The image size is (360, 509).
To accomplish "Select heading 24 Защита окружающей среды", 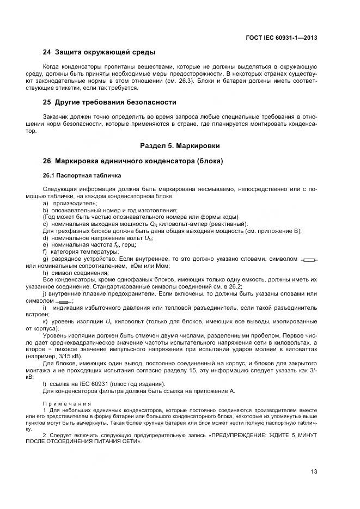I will click(x=99, y=52).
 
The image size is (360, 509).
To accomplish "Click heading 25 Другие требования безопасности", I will click(x=109, y=102).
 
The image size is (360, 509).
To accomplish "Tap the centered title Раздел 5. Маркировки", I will click(x=180, y=146).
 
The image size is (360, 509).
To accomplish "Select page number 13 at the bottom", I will click(x=314, y=471).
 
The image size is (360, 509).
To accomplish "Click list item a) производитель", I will click(x=70, y=203).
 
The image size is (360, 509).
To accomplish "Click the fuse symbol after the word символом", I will click(x=64, y=301).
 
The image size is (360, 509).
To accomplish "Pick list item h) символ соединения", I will click(x=76, y=273).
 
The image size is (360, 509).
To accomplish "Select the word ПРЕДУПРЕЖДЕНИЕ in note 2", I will click(x=242, y=435).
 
